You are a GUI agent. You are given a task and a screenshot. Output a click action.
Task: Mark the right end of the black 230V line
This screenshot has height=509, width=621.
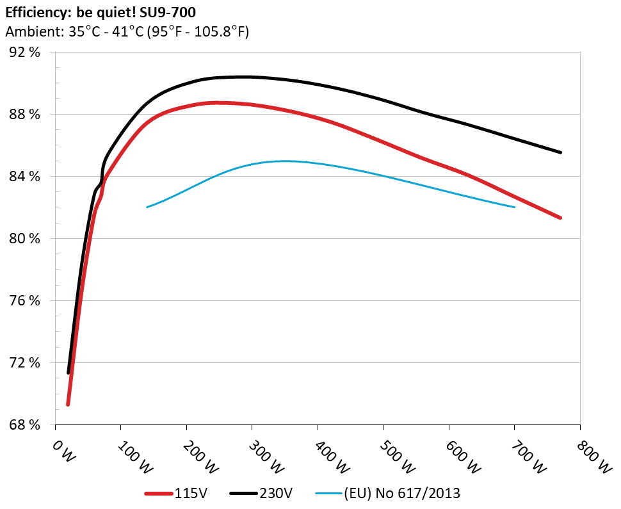[x=560, y=152]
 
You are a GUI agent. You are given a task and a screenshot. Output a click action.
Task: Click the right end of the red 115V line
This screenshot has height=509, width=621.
[x=560, y=218]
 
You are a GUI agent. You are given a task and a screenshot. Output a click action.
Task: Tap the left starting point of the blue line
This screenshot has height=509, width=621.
[x=147, y=207]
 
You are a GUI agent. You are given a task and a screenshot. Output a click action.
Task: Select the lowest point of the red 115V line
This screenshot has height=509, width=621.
[x=68, y=405]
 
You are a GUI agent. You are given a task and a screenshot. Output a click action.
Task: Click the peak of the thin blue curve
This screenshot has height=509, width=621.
[x=284, y=161]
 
